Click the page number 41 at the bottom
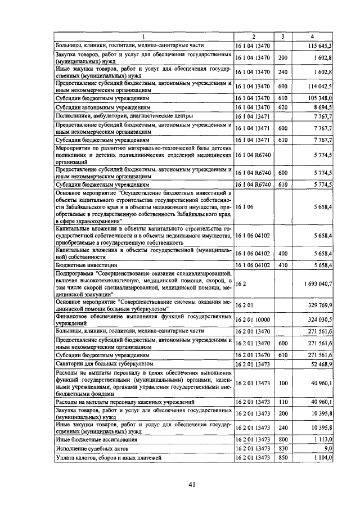click(192, 485)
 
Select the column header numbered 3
click(282, 37)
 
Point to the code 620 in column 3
click(282, 106)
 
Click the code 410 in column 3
click(282, 264)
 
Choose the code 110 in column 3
click(282, 402)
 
